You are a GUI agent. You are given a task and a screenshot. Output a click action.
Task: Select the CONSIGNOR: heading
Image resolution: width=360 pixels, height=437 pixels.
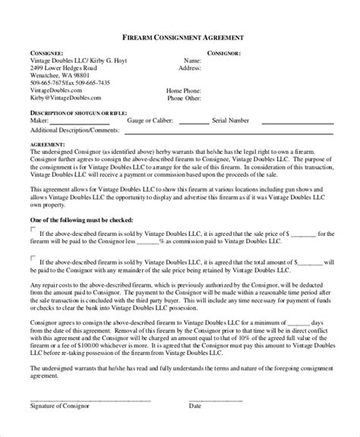[x=224, y=54]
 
